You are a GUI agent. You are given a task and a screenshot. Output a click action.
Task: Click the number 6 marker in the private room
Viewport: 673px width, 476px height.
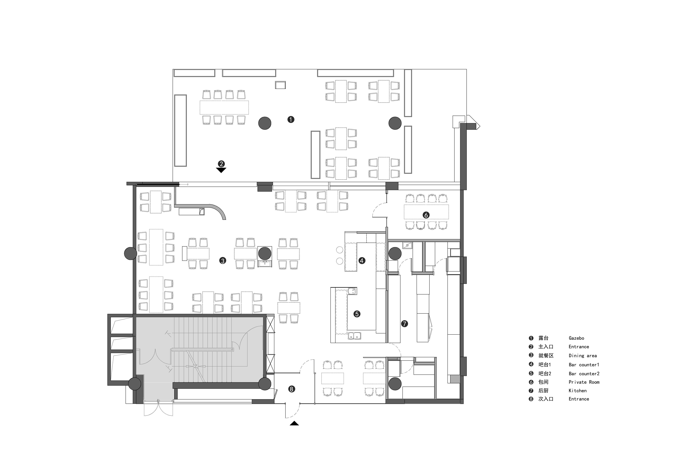426,215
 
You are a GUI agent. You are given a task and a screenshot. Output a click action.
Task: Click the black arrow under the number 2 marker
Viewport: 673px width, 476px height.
221,170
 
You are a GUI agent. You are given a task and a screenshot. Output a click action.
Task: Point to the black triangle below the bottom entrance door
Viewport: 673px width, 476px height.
294,423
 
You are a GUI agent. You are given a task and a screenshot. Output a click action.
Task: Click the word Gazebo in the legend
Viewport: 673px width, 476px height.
576,338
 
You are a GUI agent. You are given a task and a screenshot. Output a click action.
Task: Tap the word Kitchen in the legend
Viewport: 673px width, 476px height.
577,391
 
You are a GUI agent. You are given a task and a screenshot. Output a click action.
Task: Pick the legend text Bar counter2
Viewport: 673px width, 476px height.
584,374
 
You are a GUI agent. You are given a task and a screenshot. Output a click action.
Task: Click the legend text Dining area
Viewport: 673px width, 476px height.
583,356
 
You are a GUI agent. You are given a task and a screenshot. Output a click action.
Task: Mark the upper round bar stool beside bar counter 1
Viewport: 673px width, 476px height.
340,250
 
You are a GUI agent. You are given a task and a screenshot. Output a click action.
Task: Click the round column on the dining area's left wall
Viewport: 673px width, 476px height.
130,253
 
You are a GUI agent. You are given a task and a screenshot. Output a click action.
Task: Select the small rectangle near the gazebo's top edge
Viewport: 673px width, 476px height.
280,85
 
